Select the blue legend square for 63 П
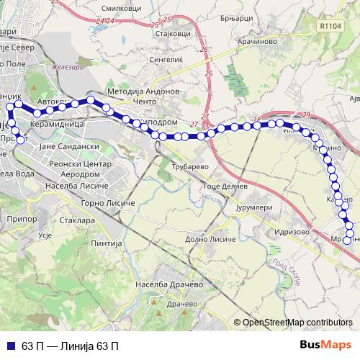[x=12, y=345]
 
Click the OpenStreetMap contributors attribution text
[x=297, y=322]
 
